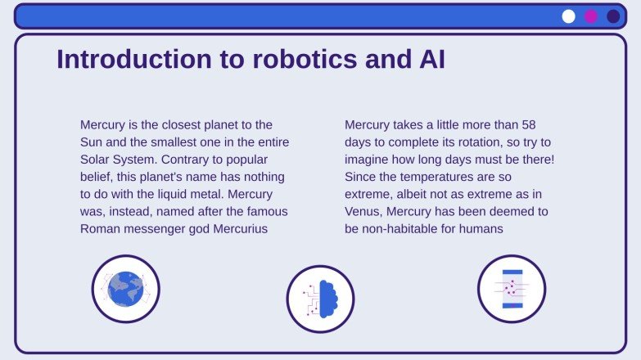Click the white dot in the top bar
[569, 16]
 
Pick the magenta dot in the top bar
[591, 16]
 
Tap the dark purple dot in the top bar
[613, 16]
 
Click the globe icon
[125, 289]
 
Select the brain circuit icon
[320, 299]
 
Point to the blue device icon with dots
[512, 289]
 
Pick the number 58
[529, 125]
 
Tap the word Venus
[363, 211]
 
